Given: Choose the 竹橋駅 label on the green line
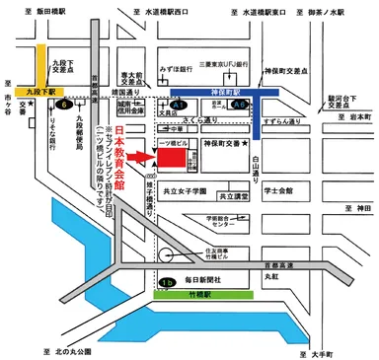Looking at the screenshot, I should (186, 295).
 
